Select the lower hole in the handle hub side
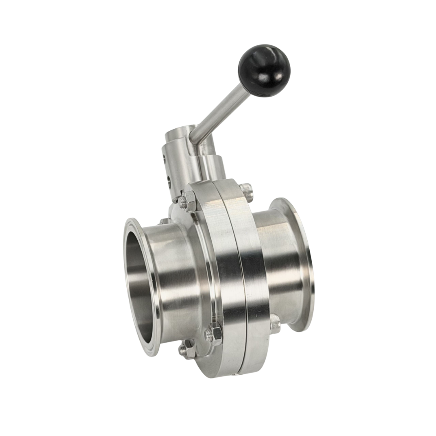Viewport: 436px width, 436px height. click(168, 179)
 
